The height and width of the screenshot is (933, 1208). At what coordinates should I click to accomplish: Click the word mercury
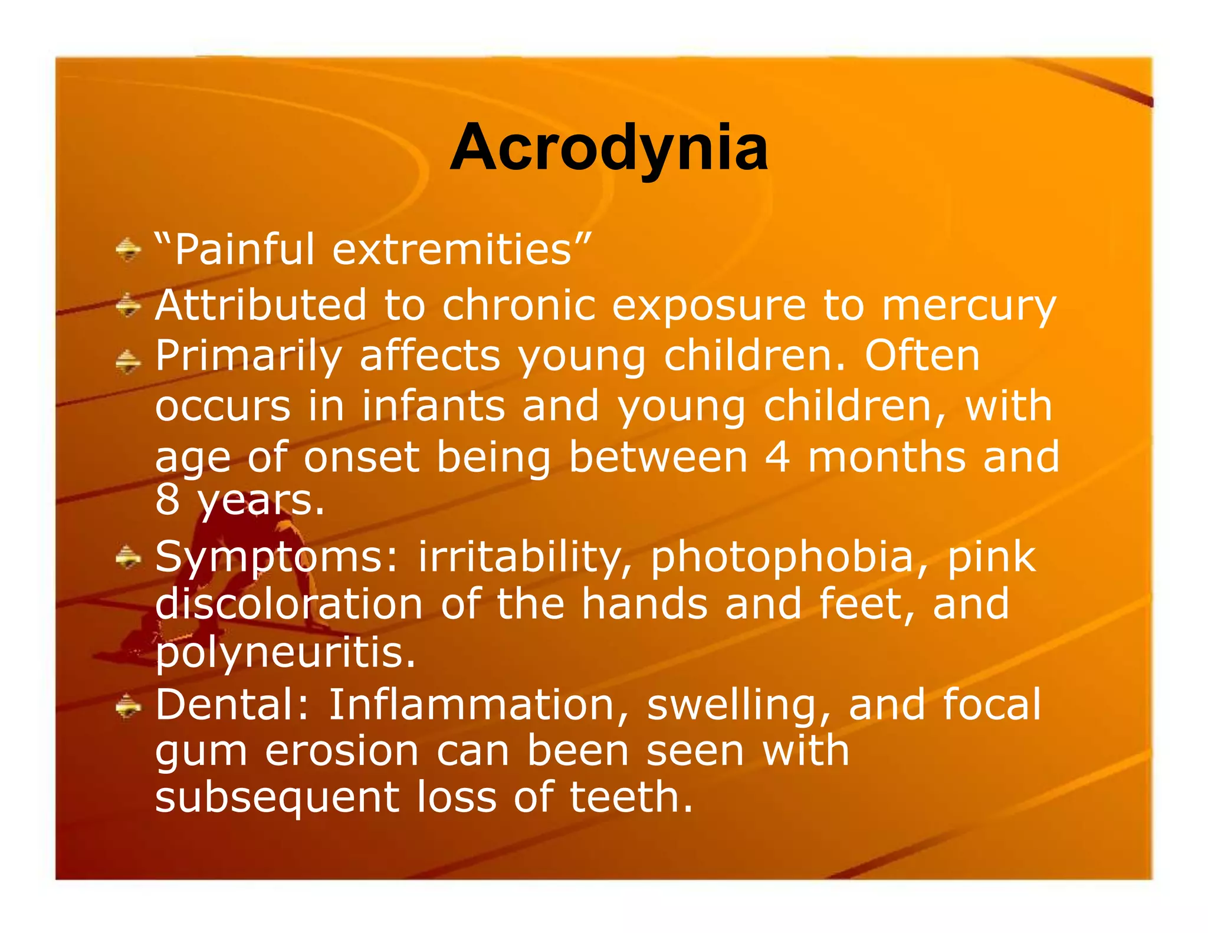click(x=969, y=305)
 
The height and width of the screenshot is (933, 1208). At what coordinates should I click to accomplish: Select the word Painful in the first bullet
click(x=244, y=249)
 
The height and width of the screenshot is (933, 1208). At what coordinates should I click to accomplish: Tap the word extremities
click(x=452, y=249)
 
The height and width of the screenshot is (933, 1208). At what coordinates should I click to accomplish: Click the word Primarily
click(x=248, y=357)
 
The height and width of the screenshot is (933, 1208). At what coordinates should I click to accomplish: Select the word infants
click(x=434, y=406)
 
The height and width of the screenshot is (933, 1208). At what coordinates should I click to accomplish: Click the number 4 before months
click(x=777, y=457)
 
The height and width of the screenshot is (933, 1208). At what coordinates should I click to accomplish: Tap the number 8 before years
click(x=167, y=500)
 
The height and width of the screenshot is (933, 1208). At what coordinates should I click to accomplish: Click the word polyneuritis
click(x=285, y=653)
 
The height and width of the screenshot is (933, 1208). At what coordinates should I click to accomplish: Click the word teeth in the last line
click(x=630, y=797)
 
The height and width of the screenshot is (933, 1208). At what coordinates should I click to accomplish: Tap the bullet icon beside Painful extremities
click(x=128, y=249)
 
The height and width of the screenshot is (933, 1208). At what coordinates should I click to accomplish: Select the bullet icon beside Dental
click(x=128, y=705)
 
